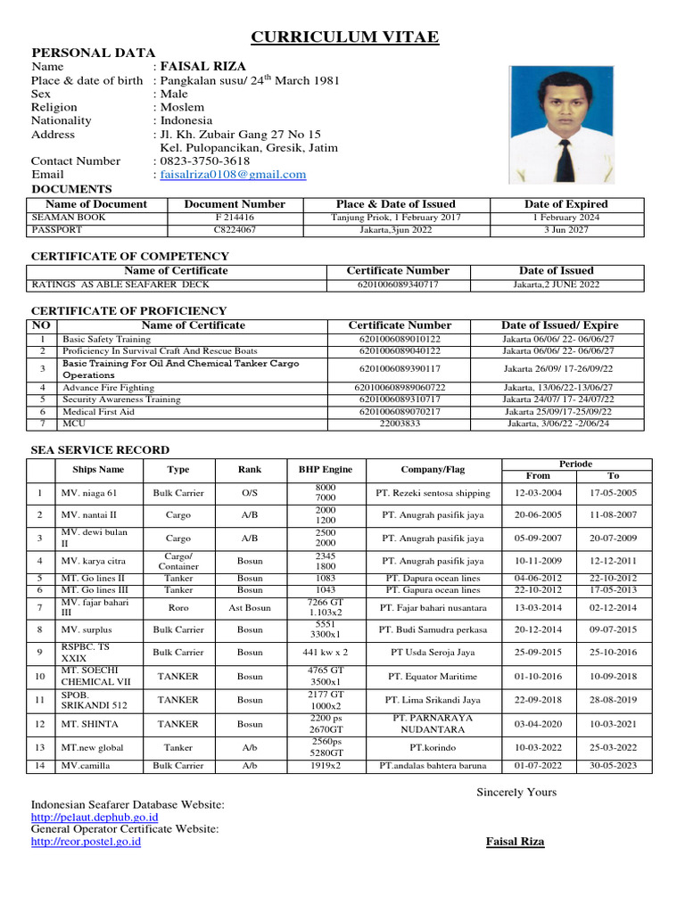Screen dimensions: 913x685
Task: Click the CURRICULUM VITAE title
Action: pos(344,37)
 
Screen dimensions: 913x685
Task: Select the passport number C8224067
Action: pos(235,229)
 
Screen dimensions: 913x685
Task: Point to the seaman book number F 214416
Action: pos(235,217)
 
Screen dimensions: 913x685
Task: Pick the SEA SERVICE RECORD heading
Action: pos(100,450)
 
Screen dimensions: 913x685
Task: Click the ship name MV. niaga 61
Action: pos(88,493)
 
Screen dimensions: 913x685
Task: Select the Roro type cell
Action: pos(178,608)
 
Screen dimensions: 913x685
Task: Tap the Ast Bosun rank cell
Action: pos(250,608)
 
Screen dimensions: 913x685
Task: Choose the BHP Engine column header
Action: pos(326,470)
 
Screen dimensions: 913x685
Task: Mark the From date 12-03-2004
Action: pos(538,493)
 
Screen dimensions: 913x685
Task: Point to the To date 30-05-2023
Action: pos(613,766)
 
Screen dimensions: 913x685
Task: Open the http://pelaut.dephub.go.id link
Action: pos(95,817)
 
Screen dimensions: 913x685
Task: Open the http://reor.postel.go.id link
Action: pos(86,841)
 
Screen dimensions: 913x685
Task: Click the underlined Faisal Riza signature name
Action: pos(515,841)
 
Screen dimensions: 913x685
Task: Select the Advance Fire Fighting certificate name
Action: pos(108,387)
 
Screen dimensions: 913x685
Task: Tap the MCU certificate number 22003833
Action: pos(400,424)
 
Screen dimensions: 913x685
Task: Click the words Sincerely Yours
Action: pos(516,792)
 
